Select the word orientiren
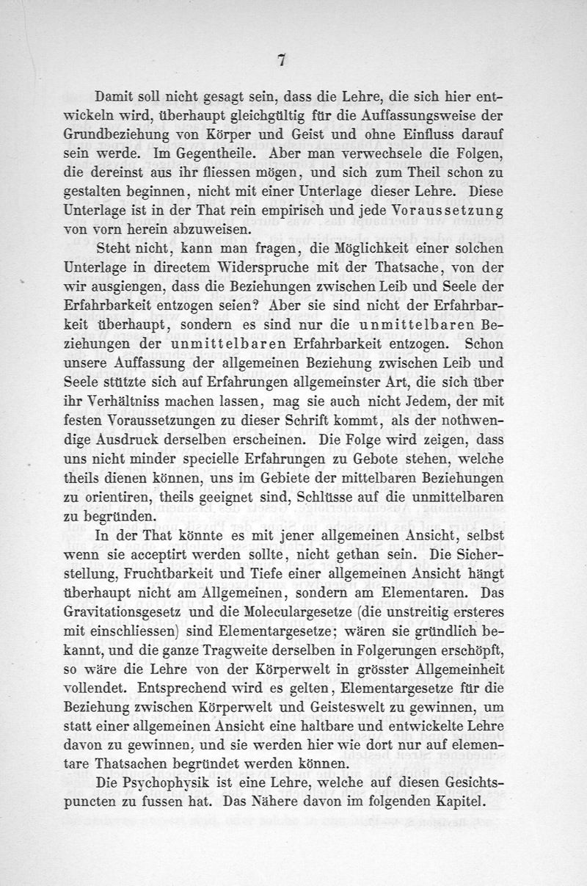[119, 497]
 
